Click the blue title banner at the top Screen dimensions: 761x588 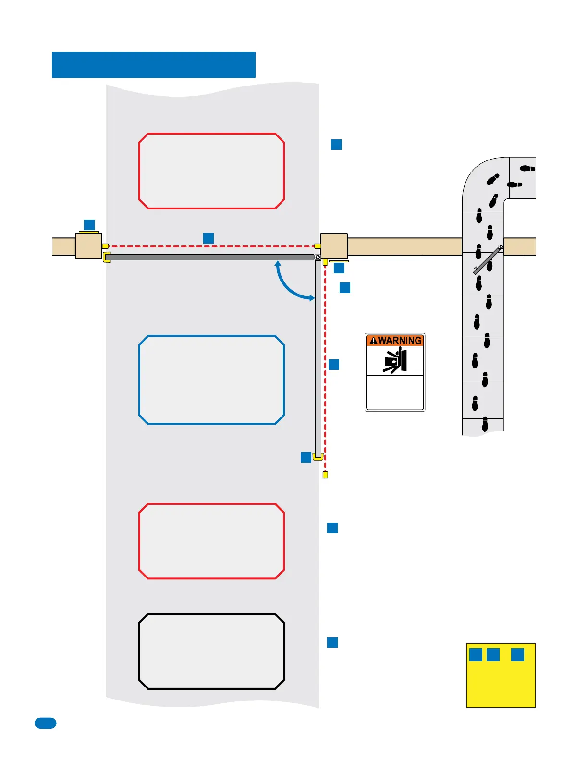click(x=154, y=65)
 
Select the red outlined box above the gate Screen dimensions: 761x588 click(x=211, y=171)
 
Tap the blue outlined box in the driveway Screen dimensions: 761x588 click(x=211, y=380)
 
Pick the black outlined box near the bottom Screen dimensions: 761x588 click(x=211, y=651)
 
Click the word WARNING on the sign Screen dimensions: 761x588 click(x=400, y=341)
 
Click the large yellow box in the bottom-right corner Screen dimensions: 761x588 click(x=501, y=682)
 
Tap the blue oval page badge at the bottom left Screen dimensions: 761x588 click(x=46, y=723)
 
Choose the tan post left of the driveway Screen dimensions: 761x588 click(x=89, y=246)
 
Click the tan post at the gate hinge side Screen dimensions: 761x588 click(x=334, y=246)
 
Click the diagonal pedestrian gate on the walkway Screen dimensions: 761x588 click(x=488, y=260)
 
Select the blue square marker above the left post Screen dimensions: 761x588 click(x=89, y=224)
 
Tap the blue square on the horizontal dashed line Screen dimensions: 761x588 click(x=208, y=238)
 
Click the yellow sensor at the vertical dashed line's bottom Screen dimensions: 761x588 click(x=325, y=475)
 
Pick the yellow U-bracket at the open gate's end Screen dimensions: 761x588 click(x=318, y=456)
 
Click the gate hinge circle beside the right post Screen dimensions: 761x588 click(x=318, y=258)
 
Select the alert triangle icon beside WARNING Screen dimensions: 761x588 click(x=373, y=341)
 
